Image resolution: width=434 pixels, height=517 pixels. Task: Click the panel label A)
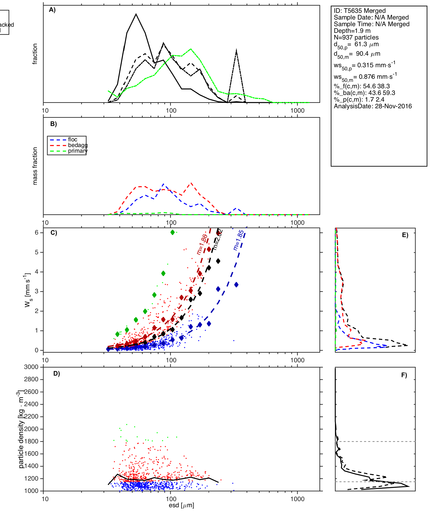pyautogui.click(x=52, y=10)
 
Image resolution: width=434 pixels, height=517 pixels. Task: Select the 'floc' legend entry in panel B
pyautogui.click(x=73, y=140)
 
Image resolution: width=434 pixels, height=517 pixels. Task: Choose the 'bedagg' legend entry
pyautogui.click(x=78, y=145)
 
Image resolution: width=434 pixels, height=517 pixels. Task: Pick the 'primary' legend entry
pyautogui.click(x=78, y=151)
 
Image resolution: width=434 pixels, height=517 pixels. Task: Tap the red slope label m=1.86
pyautogui.click(x=202, y=244)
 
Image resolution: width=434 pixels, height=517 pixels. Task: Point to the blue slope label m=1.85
pyautogui.click(x=239, y=240)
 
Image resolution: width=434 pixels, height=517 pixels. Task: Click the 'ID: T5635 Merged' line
pyautogui.click(x=359, y=11)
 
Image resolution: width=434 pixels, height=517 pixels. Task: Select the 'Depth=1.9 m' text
pyautogui.click(x=352, y=31)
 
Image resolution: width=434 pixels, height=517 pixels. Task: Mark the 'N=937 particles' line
pyautogui.click(x=356, y=37)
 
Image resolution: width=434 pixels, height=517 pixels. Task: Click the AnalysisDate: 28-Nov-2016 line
pyautogui.click(x=373, y=106)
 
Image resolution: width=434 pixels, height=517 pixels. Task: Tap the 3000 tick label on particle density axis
pyautogui.click(x=31, y=367)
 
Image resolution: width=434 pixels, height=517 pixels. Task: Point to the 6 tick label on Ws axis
pyautogui.click(x=37, y=232)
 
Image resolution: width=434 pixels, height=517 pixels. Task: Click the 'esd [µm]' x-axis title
pyautogui.click(x=181, y=505)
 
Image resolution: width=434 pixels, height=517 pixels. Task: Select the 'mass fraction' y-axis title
pyautogui.click(x=35, y=166)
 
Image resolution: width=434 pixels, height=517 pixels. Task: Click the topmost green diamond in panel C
pyautogui.click(x=172, y=232)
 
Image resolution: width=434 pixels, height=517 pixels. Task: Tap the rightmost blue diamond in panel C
pyautogui.click(x=236, y=285)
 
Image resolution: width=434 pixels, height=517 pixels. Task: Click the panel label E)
pyautogui.click(x=405, y=235)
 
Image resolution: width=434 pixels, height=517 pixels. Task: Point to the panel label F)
pyautogui.click(x=404, y=375)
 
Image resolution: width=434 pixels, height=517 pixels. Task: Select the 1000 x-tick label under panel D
pyautogui.click(x=297, y=499)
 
